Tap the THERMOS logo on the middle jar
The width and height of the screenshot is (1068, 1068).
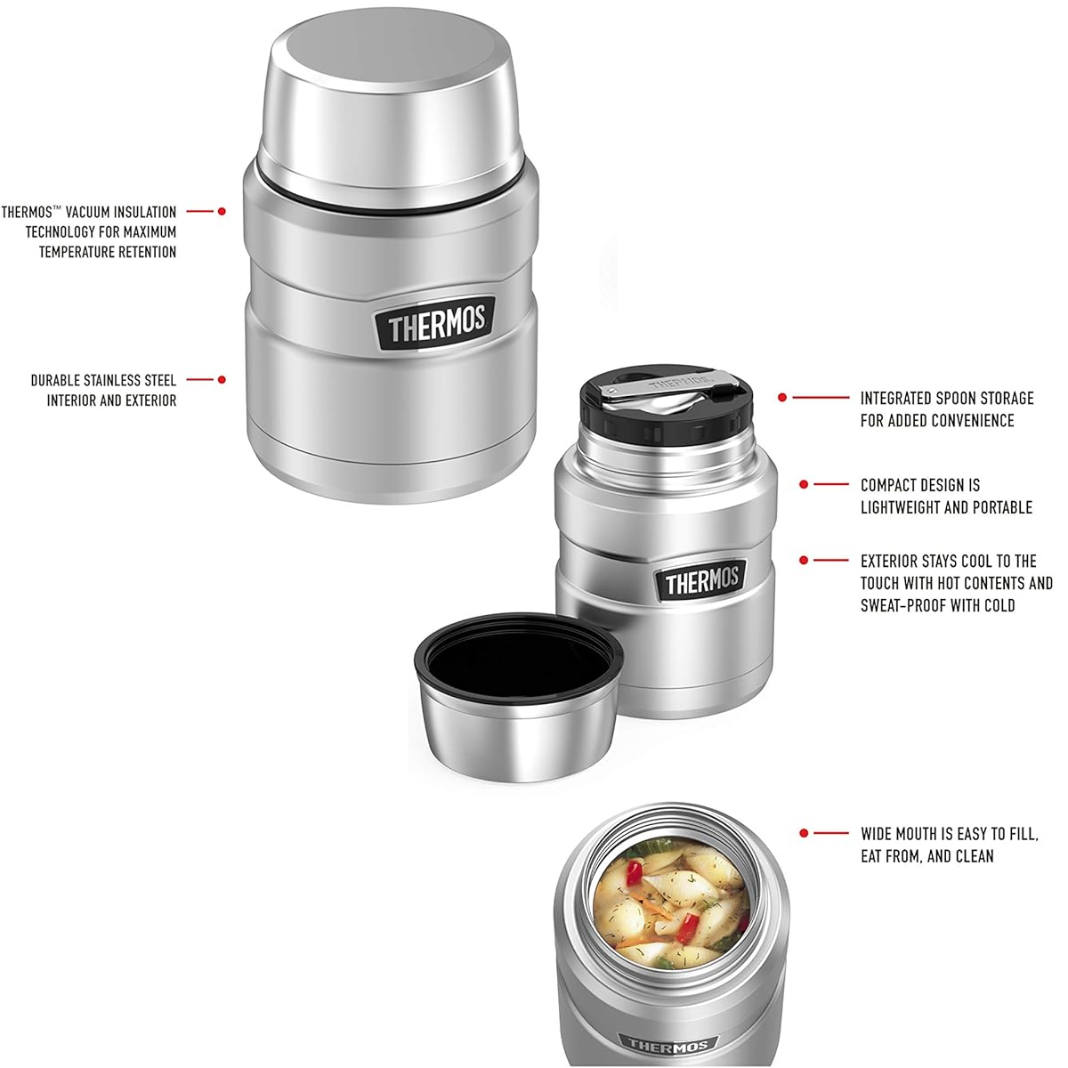[x=702, y=581]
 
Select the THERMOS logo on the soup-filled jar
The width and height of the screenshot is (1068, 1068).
[x=667, y=1046]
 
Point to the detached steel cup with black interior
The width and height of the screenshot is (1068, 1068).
[x=518, y=699]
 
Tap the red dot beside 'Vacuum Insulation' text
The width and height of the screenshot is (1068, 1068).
[x=222, y=212]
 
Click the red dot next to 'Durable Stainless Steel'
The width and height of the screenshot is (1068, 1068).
[x=222, y=380]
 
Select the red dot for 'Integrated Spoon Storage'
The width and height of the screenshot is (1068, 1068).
[x=782, y=398]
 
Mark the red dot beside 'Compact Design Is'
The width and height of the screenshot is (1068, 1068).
[x=804, y=484]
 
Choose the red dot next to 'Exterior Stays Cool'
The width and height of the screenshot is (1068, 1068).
[x=804, y=561]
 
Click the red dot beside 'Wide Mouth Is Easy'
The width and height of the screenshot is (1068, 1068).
[x=804, y=833]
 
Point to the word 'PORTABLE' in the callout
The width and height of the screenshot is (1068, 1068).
[x=1002, y=507]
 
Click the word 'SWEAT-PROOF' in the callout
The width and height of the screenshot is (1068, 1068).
[x=902, y=605]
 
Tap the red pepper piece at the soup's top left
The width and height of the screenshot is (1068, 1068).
[x=633, y=869]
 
